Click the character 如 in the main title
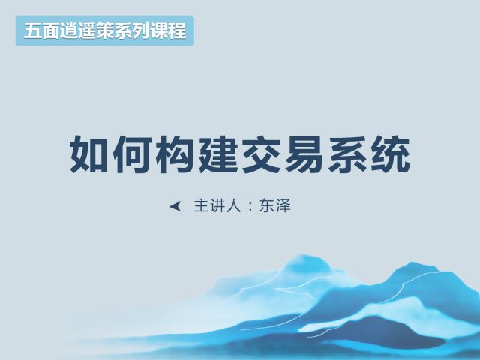[x=89, y=154]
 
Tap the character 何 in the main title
[x=132, y=154]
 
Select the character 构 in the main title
[x=175, y=154]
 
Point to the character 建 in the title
[x=218, y=154]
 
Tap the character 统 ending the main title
[x=391, y=154]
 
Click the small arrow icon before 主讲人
[x=175, y=207]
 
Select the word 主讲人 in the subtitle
[x=217, y=206]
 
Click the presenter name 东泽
[x=274, y=206]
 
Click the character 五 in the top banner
[x=33, y=31]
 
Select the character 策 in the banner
[x=105, y=31]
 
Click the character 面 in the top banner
[x=51, y=31]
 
